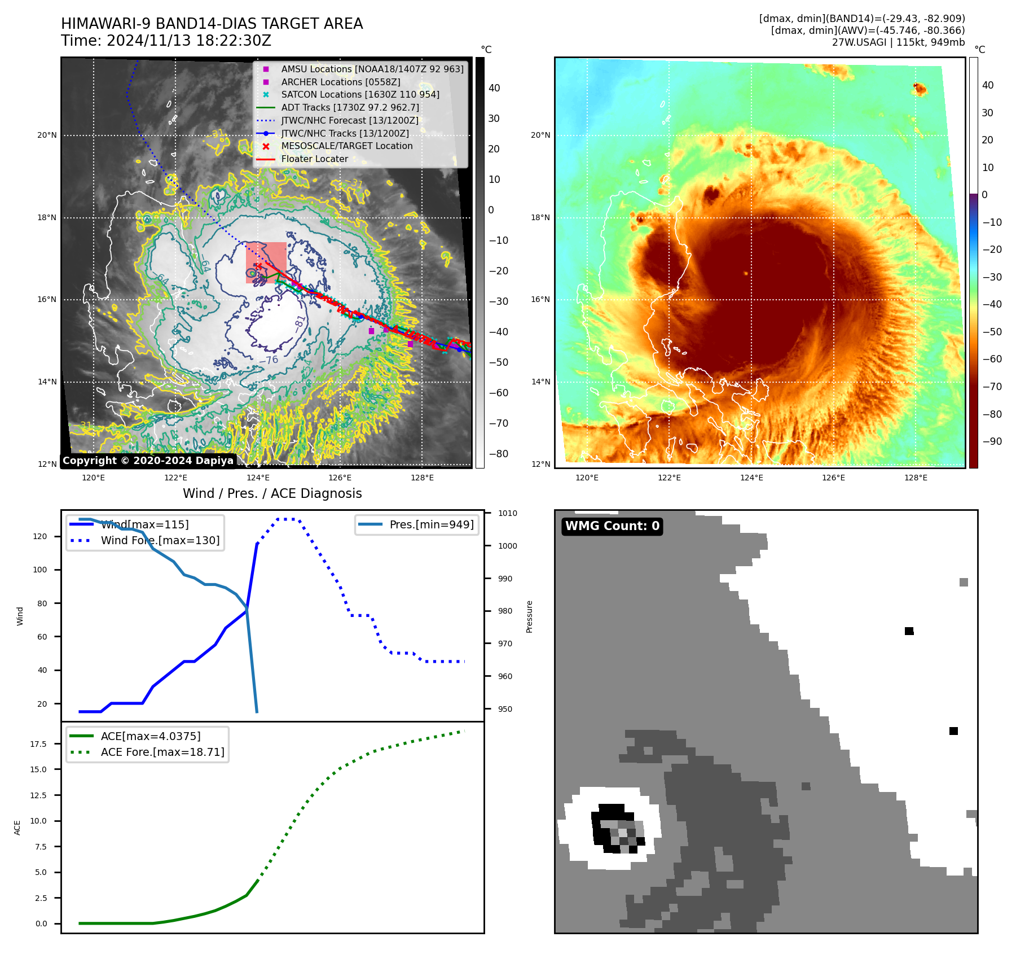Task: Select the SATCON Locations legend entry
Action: (360, 95)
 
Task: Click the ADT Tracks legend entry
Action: (350, 108)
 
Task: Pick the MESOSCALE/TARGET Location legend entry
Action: (346, 146)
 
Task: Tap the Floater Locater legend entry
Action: (314, 159)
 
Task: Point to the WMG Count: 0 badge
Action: (612, 526)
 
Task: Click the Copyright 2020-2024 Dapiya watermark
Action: (148, 461)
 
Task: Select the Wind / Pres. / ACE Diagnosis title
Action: (272, 493)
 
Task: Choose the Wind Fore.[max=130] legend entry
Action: (160, 541)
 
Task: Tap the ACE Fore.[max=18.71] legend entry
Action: (162, 752)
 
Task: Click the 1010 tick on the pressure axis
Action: (507, 514)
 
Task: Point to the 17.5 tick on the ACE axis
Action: (38, 744)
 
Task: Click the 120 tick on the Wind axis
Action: (40, 537)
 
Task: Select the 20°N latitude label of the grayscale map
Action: (47, 135)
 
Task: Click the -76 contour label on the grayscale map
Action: (269, 360)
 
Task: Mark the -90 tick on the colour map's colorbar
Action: (992, 441)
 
